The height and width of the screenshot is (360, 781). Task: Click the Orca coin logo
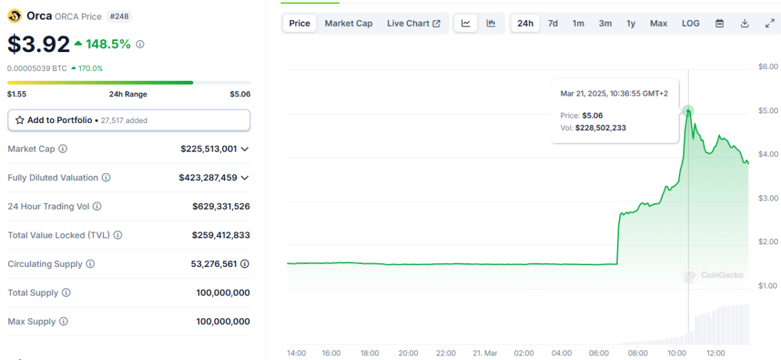14,16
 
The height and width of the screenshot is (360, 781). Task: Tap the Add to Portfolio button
129,120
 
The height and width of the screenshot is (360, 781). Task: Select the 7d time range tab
553,23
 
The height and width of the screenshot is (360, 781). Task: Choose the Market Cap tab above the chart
348,23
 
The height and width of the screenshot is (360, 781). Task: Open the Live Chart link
413,23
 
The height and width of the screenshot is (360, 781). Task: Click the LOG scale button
691,23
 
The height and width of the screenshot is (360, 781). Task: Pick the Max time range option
659,23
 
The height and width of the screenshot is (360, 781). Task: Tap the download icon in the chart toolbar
745,23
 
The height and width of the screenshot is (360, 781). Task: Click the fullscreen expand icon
769,23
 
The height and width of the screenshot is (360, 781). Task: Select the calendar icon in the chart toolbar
720,23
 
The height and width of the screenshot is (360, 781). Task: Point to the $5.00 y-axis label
768,111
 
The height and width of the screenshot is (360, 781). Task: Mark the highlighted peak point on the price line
688,111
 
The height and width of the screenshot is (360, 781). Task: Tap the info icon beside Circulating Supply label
90,264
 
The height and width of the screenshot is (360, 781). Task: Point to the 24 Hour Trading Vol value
221,206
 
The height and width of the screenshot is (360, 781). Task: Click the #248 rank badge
120,16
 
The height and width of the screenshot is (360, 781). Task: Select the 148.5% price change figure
108,44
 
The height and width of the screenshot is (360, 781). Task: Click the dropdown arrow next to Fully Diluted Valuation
245,178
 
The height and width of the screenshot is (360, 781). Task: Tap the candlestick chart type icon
491,23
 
